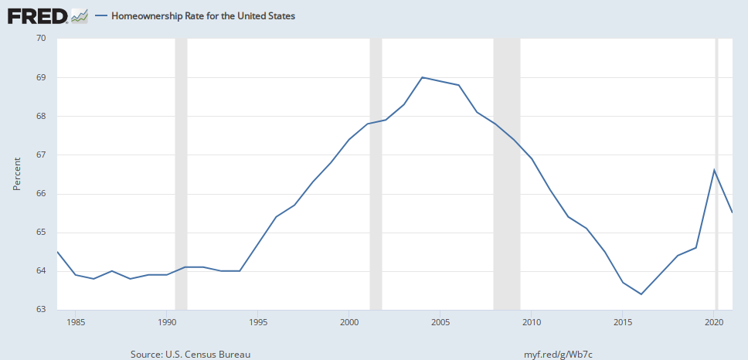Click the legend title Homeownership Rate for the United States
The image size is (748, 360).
coord(203,15)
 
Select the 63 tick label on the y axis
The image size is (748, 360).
coord(41,310)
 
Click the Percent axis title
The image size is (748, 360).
coord(17,174)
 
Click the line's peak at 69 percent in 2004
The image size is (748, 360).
coord(422,77)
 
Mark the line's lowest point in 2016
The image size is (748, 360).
coord(641,294)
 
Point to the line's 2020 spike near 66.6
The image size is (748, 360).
coord(714,170)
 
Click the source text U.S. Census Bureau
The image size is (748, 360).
coord(191,353)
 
